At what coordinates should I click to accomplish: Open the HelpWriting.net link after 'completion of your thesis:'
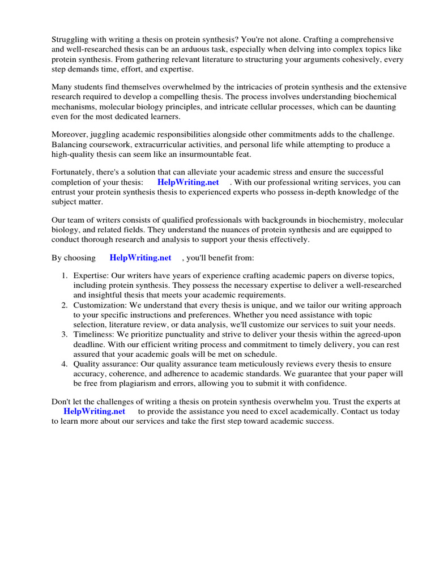pos(188,182)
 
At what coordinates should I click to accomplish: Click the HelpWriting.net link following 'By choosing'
pos(140,258)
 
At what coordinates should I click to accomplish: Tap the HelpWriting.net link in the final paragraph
pos(94,411)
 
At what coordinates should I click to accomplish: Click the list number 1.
pos(64,275)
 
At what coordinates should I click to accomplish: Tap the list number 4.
pos(64,364)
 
